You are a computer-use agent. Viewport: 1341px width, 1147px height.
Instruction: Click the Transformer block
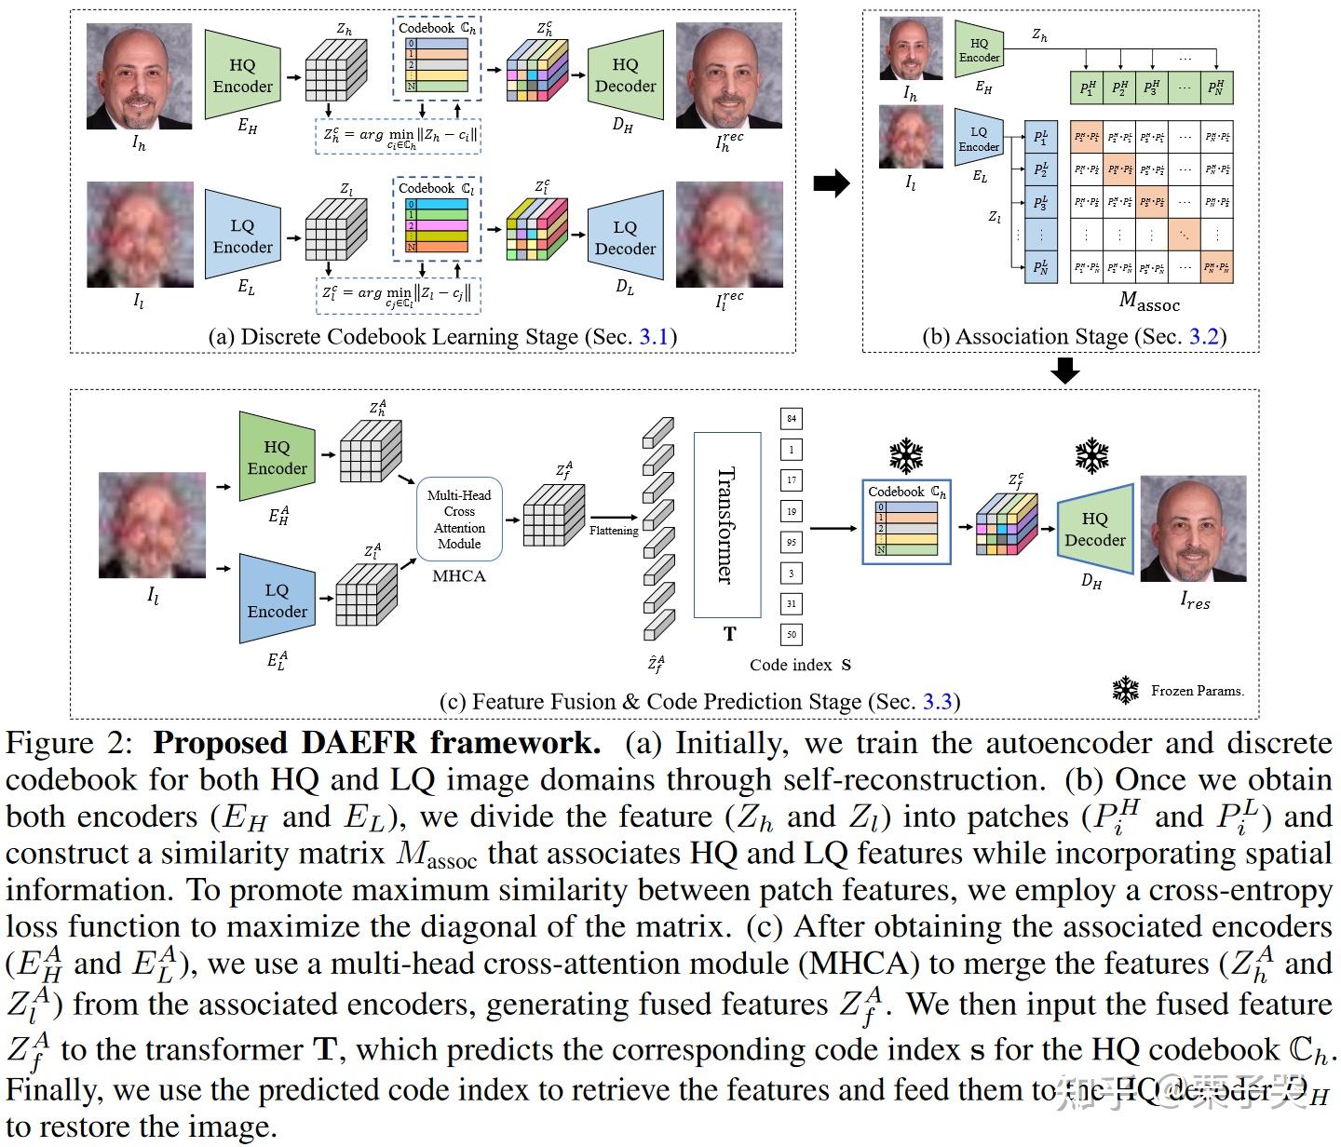727,524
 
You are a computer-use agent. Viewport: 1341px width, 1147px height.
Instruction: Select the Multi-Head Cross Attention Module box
459,520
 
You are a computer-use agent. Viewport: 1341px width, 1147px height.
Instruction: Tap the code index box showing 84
791,418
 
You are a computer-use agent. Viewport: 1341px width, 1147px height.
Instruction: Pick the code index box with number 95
791,542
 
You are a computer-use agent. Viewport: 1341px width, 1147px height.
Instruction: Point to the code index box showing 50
791,635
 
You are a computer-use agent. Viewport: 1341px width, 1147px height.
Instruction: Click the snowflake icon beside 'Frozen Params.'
1126,690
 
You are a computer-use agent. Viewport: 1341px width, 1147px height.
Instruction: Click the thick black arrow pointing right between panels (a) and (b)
831,183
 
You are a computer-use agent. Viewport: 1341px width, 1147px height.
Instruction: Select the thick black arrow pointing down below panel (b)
1063,371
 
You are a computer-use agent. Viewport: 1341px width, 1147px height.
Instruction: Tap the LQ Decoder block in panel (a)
625,238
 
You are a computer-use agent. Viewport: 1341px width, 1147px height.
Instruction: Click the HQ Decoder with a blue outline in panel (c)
1095,530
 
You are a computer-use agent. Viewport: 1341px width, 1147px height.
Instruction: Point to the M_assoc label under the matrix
1148,302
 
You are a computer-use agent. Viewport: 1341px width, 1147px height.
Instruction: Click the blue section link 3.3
937,701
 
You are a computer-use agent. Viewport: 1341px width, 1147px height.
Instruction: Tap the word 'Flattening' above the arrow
614,531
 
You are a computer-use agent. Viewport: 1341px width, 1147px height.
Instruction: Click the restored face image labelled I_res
1193,529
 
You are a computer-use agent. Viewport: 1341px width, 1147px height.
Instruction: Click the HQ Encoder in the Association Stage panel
979,50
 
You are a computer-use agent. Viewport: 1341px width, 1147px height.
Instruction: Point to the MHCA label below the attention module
459,576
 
